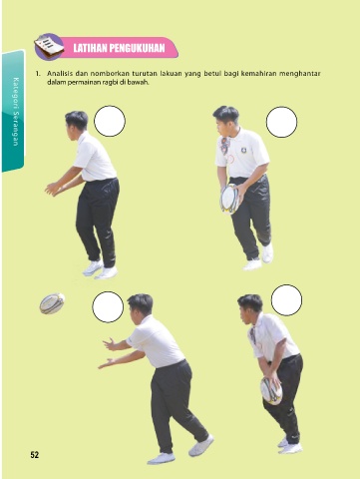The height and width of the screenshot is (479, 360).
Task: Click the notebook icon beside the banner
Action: click(x=49, y=47)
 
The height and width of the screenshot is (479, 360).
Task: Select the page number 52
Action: click(x=35, y=455)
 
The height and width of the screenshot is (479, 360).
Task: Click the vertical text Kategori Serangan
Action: click(x=16, y=112)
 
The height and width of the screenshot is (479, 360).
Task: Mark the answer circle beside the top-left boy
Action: click(x=110, y=121)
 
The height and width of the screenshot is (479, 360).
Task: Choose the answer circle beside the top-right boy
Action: click(x=281, y=122)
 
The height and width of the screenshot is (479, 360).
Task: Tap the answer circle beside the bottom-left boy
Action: click(x=108, y=307)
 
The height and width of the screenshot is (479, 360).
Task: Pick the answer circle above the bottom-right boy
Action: click(x=286, y=300)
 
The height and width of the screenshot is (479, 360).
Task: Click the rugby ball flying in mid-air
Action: click(x=52, y=303)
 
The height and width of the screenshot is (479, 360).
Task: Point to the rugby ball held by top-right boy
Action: click(x=229, y=199)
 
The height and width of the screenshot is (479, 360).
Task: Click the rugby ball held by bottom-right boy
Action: click(x=271, y=391)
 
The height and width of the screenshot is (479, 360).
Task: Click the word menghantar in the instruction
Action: click(x=300, y=74)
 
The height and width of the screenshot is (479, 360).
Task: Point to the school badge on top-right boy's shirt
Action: click(x=243, y=150)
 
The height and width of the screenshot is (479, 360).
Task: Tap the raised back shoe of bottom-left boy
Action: click(x=201, y=445)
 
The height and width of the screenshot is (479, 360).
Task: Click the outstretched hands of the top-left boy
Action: click(x=52, y=189)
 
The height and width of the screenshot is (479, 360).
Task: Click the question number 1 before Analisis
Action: click(x=38, y=74)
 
